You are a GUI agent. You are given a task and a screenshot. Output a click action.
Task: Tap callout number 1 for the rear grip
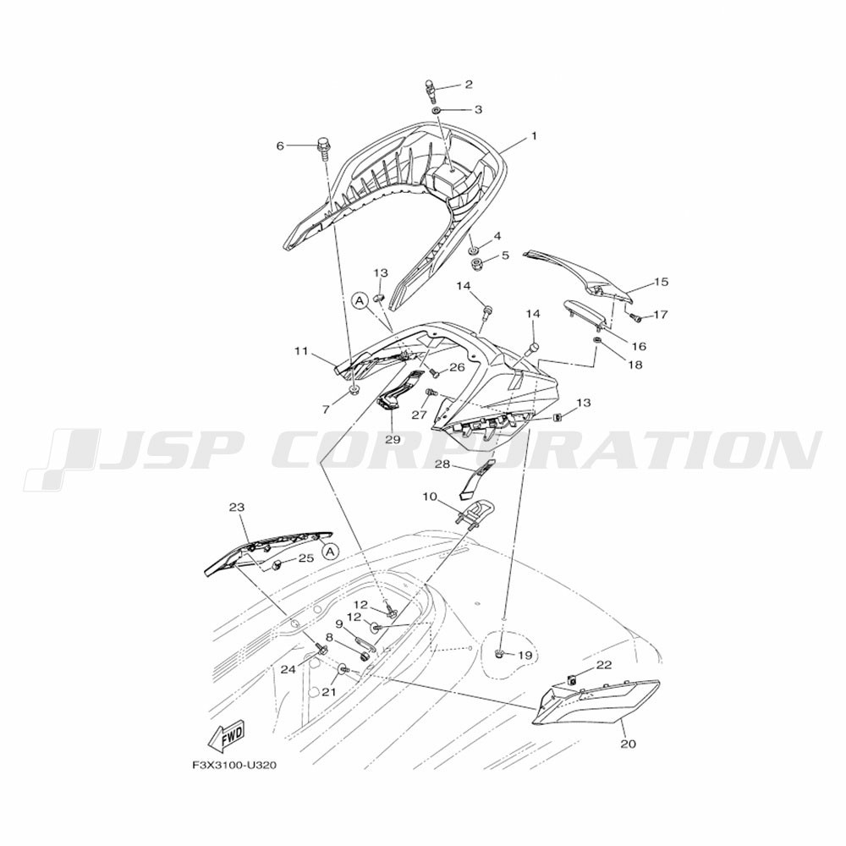tap(534, 137)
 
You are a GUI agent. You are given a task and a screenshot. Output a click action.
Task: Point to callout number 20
tap(629, 744)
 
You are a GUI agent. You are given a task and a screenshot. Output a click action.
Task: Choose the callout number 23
tap(236, 508)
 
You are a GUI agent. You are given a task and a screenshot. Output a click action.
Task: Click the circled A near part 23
tap(332, 551)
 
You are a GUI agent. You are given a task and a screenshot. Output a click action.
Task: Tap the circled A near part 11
tap(360, 302)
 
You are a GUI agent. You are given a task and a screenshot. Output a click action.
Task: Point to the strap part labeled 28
tap(477, 477)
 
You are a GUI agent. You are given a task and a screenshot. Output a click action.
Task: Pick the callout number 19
tap(525, 656)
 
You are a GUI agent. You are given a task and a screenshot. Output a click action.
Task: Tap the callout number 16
tap(638, 346)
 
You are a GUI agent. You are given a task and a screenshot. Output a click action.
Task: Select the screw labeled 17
tap(639, 319)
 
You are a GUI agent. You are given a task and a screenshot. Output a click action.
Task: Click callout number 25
tap(306, 558)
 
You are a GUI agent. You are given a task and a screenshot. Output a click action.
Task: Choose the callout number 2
tap(469, 85)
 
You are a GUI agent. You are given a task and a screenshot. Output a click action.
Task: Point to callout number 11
tap(301, 352)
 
